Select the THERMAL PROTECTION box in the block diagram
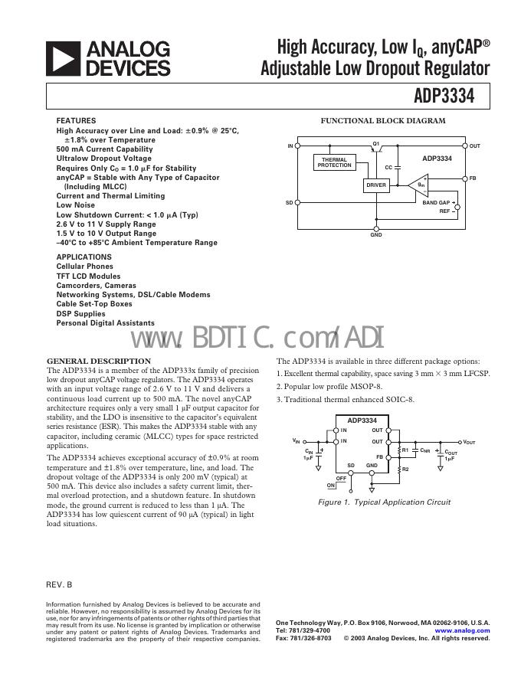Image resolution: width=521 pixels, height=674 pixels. pyautogui.click(x=334, y=162)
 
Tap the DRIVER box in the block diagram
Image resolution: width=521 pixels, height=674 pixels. pyautogui.click(x=376, y=185)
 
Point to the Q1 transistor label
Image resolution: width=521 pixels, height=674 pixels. pyautogui.click(x=376, y=143)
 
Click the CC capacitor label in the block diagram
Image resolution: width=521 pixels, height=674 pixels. pyautogui.click(x=388, y=167)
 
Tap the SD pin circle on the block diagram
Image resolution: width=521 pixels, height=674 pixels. pyautogui.click(x=298, y=203)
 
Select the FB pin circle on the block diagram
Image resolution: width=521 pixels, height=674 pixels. pyautogui.click(x=465, y=178)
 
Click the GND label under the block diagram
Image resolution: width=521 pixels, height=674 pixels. pyautogui.click(x=376, y=235)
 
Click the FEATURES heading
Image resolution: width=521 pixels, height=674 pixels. pyautogui.click(x=76, y=121)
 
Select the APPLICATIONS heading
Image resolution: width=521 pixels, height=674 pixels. pyautogui.click(x=84, y=257)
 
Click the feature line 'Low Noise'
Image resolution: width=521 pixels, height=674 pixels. pyautogui.click(x=75, y=205)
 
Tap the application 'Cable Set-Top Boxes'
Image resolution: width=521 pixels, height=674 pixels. pyautogui.click(x=94, y=304)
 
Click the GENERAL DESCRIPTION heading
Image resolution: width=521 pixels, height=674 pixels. pyautogui.click(x=99, y=361)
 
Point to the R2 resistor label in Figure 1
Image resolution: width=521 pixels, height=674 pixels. pyautogui.click(x=406, y=469)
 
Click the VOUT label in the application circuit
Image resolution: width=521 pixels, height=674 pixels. pyautogui.click(x=469, y=443)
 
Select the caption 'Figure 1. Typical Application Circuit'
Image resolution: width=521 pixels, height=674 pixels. pyautogui.click(x=384, y=502)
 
